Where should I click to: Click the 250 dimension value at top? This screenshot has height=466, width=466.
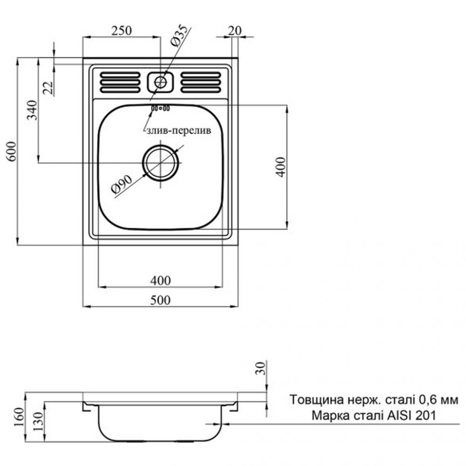click(121, 30)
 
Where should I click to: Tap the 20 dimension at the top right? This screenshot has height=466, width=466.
click(235, 30)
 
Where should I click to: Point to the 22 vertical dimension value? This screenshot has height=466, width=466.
click(48, 88)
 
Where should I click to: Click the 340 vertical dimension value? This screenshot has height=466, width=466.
click(33, 110)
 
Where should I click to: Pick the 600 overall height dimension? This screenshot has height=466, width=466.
click(12, 151)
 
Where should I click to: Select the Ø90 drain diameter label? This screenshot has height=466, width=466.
click(121, 184)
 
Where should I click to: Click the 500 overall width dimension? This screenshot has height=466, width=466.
click(160, 300)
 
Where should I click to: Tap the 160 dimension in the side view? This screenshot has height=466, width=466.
click(19, 417)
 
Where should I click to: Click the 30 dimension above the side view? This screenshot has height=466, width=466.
click(260, 368)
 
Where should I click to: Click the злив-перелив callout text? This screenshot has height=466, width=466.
click(179, 130)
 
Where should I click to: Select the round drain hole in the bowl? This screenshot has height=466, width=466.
click(161, 163)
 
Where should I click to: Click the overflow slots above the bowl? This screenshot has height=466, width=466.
click(160, 108)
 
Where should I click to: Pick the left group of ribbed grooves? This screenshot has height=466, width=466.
click(120, 82)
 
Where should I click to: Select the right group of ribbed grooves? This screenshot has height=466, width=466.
click(201, 82)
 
